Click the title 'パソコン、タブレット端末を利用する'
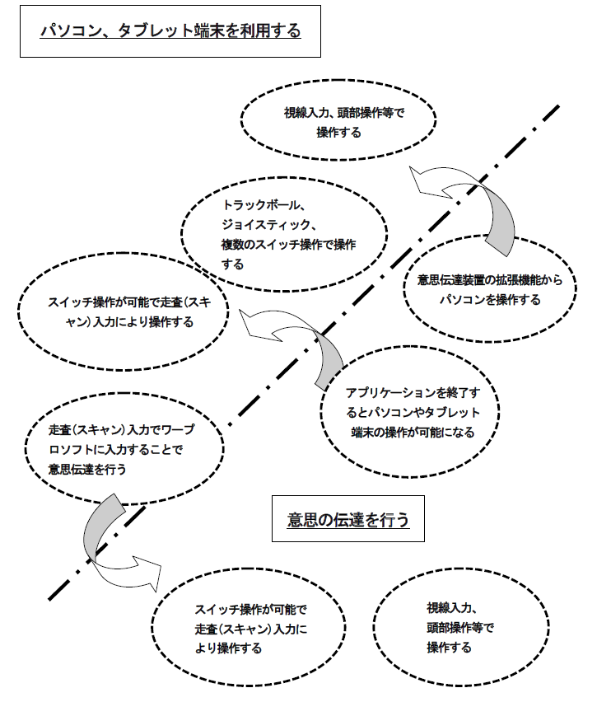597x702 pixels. click(x=170, y=30)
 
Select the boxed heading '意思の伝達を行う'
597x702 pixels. click(x=348, y=519)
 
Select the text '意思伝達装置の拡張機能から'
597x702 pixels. click(x=490, y=280)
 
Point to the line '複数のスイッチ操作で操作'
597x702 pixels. click(x=289, y=245)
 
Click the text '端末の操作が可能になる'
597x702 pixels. click(x=413, y=432)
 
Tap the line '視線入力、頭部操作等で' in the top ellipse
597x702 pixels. click(x=344, y=112)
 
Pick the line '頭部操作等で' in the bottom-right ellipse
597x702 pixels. click(x=460, y=628)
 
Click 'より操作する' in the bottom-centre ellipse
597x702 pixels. click(x=228, y=648)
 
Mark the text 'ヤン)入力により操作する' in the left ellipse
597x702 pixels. click(x=129, y=322)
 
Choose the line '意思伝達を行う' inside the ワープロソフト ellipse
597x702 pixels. click(x=87, y=469)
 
